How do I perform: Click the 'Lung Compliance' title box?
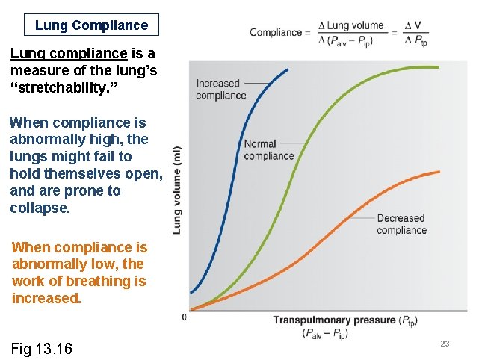pyautogui.click(x=91, y=25)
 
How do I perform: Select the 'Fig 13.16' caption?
pyautogui.click(x=42, y=348)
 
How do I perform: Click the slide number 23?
pyautogui.click(x=445, y=344)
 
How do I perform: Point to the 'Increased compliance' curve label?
pyautogui.click(x=220, y=90)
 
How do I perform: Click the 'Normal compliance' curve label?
pyautogui.click(x=268, y=150)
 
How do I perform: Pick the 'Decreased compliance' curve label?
pyautogui.click(x=401, y=224)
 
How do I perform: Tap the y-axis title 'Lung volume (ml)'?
pyautogui.click(x=178, y=190)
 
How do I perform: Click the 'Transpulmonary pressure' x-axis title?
pyautogui.click(x=334, y=320)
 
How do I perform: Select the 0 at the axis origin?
pyautogui.click(x=185, y=317)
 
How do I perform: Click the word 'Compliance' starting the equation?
pyautogui.click(x=274, y=32)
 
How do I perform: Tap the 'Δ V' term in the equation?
pyautogui.click(x=412, y=25)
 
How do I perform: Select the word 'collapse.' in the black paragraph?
pyautogui.click(x=40, y=208)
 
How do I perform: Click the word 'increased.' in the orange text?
pyautogui.click(x=46, y=298)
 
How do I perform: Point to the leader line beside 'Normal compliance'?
pyautogui.click(x=294, y=142)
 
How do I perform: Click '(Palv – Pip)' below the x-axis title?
pyautogui.click(x=325, y=333)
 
